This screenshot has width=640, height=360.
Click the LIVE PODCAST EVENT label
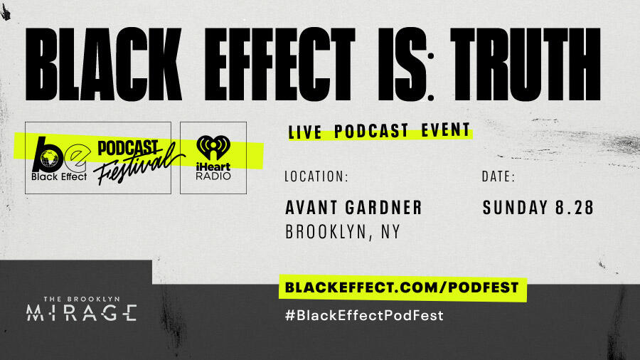[379, 131]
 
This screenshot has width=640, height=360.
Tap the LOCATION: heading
[316, 176]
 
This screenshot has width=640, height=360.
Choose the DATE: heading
[498, 176]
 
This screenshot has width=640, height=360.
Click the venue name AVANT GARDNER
[353, 207]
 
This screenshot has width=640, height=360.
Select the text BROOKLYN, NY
[343, 232]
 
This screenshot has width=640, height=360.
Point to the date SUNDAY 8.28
[538, 207]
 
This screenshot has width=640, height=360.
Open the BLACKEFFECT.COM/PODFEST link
[402, 288]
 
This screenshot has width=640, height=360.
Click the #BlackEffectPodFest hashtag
[363, 315]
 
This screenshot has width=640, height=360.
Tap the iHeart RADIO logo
[213, 159]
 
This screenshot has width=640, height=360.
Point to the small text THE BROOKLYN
[80, 299]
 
